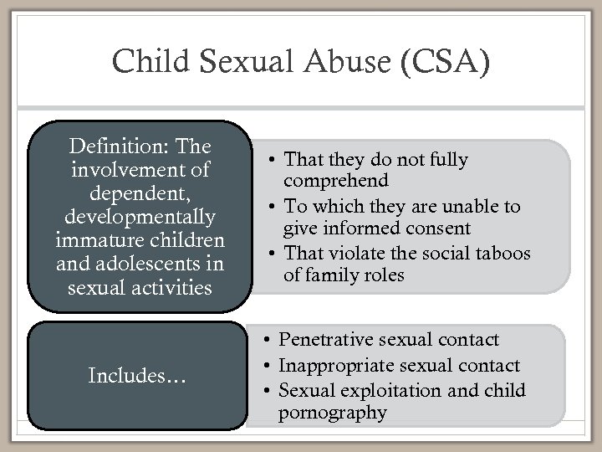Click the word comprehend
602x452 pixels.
coord(336,181)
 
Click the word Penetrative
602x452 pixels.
coord(328,340)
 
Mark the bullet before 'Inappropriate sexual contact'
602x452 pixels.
coord(263,366)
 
